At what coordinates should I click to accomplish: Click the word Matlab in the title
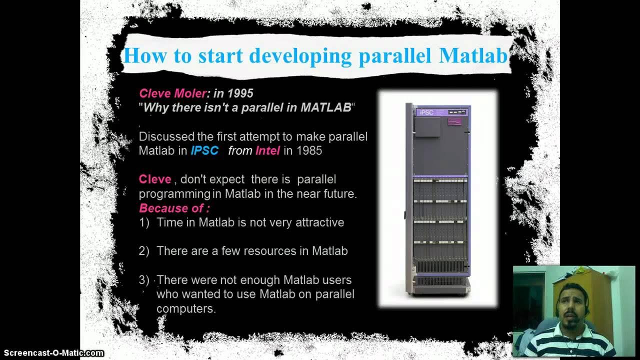pyautogui.click(x=473, y=55)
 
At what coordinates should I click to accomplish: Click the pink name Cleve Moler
pyautogui.click(x=172, y=93)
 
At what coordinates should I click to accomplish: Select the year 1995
pyautogui.click(x=240, y=93)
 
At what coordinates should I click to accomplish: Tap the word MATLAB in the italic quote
pyautogui.click(x=325, y=108)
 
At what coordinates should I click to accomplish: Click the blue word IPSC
pyautogui.click(x=204, y=151)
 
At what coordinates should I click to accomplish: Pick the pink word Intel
pyautogui.click(x=267, y=151)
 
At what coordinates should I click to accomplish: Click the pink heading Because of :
pyautogui.click(x=174, y=208)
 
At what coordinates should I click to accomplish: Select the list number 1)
pyautogui.click(x=144, y=222)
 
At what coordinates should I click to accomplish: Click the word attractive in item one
pyautogui.click(x=319, y=222)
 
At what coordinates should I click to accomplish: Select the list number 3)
pyautogui.click(x=144, y=280)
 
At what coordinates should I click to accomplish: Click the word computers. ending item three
pyautogui.click(x=186, y=309)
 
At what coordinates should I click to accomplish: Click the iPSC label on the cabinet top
pyautogui.click(x=426, y=112)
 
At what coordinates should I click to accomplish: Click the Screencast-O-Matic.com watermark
pyautogui.click(x=52, y=353)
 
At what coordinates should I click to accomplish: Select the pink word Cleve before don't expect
pyautogui.click(x=155, y=179)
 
